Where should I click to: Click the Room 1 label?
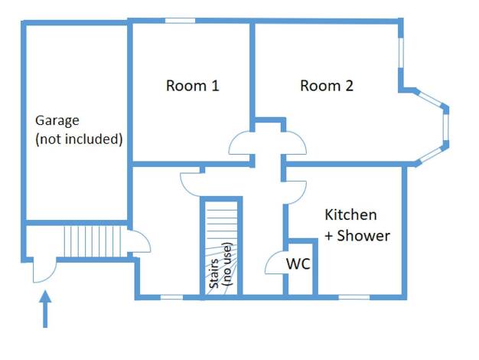(193, 86)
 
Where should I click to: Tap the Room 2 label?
(327, 86)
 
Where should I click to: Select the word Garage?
(57, 121)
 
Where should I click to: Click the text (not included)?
(79, 139)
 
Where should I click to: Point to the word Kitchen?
(350, 214)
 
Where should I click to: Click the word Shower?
(363, 236)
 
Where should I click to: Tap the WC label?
(298, 263)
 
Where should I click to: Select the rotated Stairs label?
(214, 273)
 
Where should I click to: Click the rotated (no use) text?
(228, 264)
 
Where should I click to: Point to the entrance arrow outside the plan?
(45, 309)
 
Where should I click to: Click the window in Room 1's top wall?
(181, 21)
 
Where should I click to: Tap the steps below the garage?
(93, 241)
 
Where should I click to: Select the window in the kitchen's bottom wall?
(354, 297)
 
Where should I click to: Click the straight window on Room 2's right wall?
(401, 53)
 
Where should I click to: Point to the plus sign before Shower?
(329, 236)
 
